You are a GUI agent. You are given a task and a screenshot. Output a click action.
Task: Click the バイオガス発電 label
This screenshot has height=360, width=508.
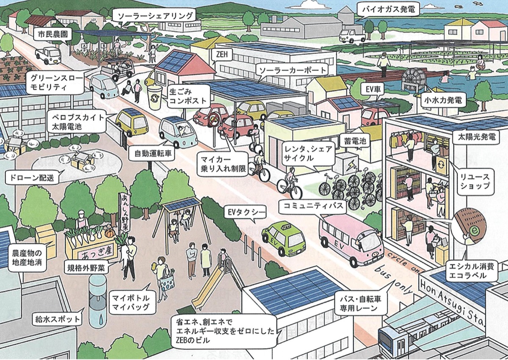coord(388,10)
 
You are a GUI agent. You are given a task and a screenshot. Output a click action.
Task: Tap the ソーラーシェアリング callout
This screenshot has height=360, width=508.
coord(156,17)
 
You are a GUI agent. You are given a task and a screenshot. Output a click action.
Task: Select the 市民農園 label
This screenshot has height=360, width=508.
coord(52,35)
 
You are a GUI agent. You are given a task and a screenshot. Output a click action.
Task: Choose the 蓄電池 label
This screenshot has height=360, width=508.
coord(355,141)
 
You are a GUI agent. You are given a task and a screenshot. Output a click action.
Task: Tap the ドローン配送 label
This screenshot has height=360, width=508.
coord(33,177)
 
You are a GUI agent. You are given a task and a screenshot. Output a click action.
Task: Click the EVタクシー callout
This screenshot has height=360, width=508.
coord(245,213)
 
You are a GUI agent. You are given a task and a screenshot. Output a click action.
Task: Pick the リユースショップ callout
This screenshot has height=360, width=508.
coord(475,181)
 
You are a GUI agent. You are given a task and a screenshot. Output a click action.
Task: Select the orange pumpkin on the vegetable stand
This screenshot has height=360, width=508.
coord(110,233)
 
